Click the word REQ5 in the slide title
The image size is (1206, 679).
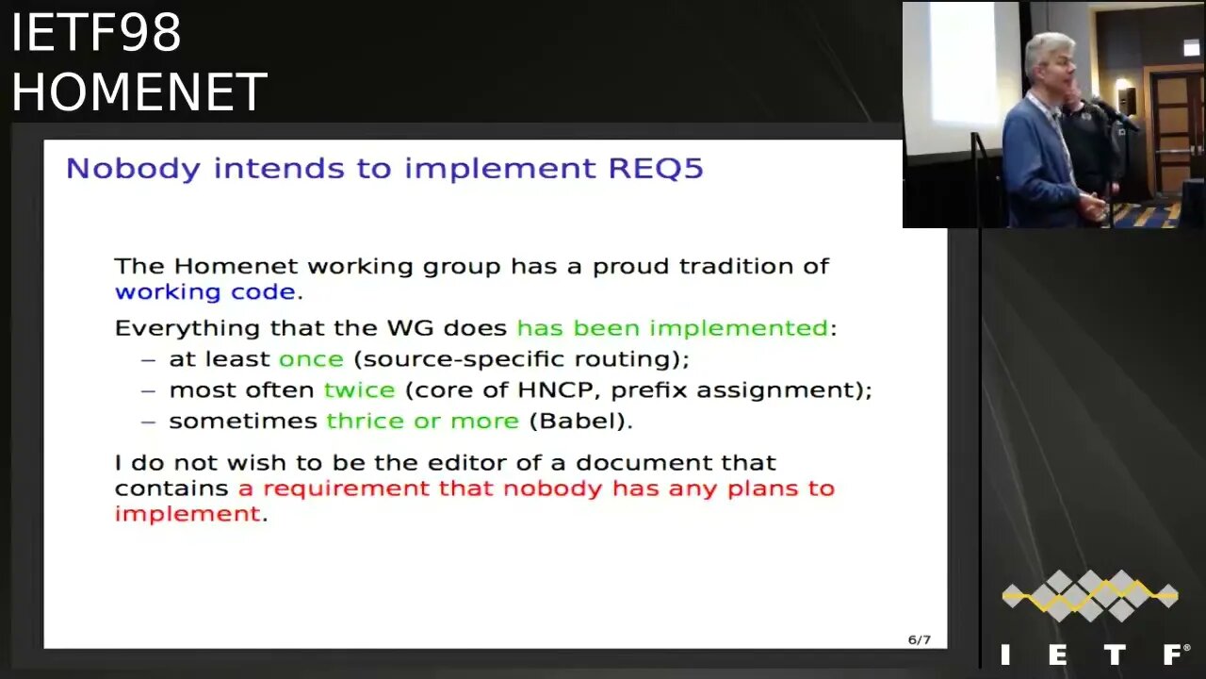point(656,168)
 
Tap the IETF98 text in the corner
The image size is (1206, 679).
point(96,32)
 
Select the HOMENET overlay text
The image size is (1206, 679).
point(139,91)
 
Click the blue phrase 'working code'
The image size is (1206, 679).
point(205,291)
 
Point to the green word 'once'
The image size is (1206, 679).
point(311,359)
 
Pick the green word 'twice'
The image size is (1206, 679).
point(359,389)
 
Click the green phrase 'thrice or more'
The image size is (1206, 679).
point(423,421)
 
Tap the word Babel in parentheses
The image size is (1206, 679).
point(578,421)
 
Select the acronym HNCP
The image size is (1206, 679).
point(555,389)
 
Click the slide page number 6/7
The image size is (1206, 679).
point(919,639)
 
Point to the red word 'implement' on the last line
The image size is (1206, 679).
point(187,514)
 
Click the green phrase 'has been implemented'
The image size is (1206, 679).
point(673,327)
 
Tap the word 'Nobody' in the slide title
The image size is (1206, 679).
point(133,169)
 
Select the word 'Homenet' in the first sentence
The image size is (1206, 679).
point(236,266)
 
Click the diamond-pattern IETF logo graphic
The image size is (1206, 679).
point(1090,595)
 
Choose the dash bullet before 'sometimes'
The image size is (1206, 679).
point(148,422)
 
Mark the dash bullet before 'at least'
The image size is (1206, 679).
point(148,360)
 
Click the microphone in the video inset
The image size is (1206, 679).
point(1115,114)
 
